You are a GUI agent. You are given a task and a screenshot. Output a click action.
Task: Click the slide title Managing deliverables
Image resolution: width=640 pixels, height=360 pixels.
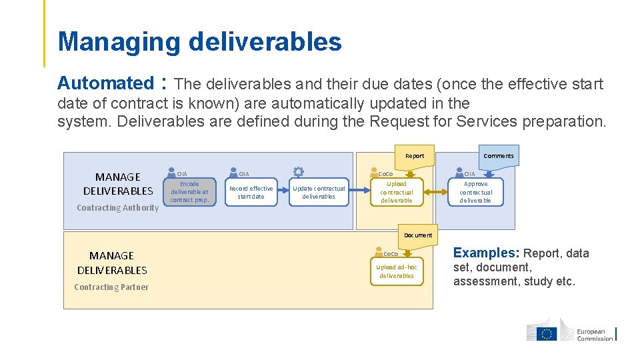click(x=199, y=41)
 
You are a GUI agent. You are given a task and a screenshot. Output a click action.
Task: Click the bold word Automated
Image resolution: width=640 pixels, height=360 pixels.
click(x=105, y=83)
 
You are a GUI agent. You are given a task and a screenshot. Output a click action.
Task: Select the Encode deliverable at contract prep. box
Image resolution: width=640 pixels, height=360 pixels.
click(x=189, y=192)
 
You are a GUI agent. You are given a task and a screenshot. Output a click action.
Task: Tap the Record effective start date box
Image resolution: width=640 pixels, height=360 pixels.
click(x=251, y=192)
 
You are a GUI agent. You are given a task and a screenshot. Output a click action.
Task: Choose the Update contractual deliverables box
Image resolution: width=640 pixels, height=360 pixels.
click(x=319, y=192)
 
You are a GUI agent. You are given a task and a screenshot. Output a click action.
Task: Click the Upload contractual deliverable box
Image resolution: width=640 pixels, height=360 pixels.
click(x=396, y=192)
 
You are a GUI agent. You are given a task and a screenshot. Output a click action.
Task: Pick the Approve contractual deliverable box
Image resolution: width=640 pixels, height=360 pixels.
click(x=475, y=192)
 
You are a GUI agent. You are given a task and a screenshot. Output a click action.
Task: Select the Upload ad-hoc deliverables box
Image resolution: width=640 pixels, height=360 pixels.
click(x=396, y=271)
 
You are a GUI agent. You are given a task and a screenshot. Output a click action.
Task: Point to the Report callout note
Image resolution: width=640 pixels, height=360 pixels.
click(x=415, y=156)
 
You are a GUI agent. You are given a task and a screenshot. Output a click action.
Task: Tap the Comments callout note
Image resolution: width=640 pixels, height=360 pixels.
click(x=498, y=156)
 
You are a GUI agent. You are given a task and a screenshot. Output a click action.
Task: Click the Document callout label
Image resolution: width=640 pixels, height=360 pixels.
click(x=418, y=235)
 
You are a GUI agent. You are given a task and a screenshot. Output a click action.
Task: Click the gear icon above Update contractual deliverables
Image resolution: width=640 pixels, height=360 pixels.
click(x=298, y=172)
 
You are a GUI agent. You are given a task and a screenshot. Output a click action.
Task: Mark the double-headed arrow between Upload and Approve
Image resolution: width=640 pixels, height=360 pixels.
click(x=436, y=192)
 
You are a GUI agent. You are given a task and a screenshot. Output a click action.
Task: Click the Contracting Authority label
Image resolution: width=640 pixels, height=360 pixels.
click(x=118, y=208)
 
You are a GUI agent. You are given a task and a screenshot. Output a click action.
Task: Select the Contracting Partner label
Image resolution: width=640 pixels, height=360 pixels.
click(x=111, y=287)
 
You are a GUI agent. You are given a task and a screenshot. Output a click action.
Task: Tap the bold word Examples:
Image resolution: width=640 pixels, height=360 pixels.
click(x=486, y=253)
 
